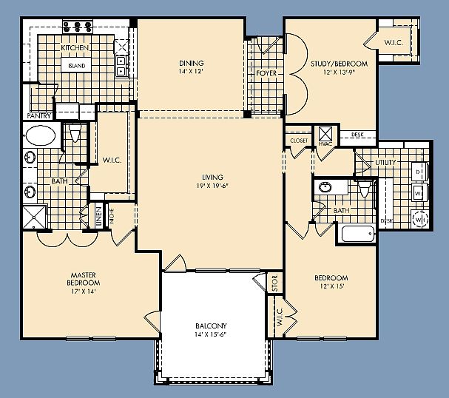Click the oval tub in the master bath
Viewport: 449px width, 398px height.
coord(40,135)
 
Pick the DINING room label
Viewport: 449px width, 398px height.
coord(191,63)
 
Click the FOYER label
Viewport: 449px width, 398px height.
coord(266,74)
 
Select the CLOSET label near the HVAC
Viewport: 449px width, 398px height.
coord(299,140)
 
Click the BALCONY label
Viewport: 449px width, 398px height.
coord(212,326)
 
